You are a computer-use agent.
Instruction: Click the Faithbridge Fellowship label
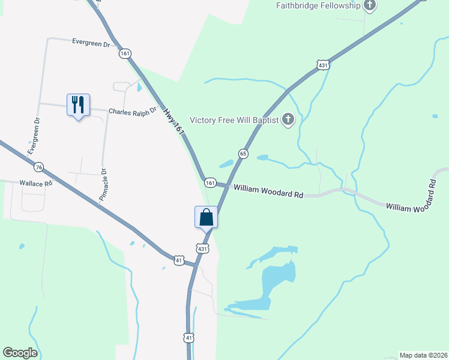pos(318,5)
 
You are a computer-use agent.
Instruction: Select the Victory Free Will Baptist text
pos(234,120)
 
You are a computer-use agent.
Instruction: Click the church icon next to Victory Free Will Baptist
pos(288,120)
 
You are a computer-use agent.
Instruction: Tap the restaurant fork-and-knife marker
pos(78,105)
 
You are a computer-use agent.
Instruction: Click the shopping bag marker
pos(206,217)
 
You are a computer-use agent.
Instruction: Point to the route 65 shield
pos(243,154)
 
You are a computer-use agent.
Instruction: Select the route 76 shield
pos(39,166)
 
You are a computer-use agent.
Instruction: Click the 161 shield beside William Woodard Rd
pos(210,182)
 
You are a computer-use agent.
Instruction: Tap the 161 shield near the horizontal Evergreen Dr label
pos(125,53)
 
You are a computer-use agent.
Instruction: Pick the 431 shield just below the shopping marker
pos(202,248)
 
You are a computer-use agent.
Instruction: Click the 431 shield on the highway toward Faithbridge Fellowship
pos(324,65)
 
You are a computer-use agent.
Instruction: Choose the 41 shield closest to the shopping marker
pos(179,260)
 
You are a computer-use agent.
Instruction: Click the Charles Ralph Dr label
pos(132,111)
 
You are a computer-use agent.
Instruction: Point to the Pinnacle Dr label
pos(103,184)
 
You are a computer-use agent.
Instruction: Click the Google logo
pos(20,353)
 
